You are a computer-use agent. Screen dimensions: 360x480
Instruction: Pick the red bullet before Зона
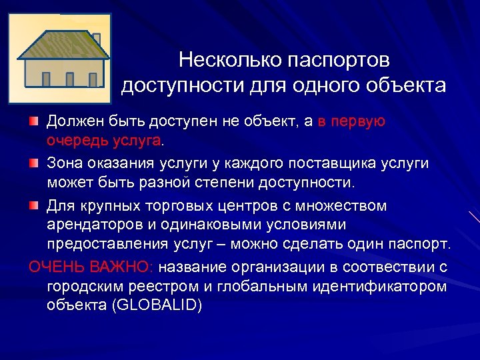[33, 163]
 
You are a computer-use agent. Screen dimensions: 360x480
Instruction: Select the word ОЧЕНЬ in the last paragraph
[56, 267]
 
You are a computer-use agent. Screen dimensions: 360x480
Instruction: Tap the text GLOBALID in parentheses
[157, 307]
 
